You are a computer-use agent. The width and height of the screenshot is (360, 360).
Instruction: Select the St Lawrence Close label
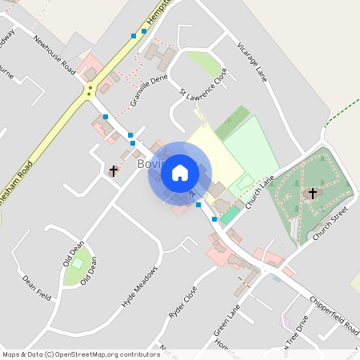click(x=204, y=83)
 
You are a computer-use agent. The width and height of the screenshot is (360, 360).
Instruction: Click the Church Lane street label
click(x=260, y=192)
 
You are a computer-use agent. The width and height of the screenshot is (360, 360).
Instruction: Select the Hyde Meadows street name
click(x=139, y=287)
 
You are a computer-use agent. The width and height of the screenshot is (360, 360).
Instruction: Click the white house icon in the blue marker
click(x=179, y=173)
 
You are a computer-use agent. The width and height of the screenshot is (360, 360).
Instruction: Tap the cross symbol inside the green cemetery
click(x=313, y=194)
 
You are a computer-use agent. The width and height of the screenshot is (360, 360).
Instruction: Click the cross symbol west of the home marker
click(x=114, y=170)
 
